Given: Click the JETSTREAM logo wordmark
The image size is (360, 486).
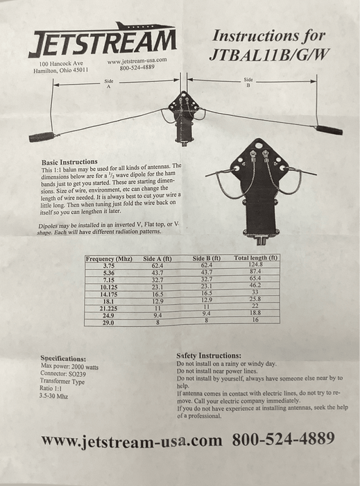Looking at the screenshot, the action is click(103, 43).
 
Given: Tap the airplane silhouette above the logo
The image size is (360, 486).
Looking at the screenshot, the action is click(144, 26).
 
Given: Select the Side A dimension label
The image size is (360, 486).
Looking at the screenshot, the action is click(109, 84).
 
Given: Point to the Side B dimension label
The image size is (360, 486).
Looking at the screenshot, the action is click(248, 82).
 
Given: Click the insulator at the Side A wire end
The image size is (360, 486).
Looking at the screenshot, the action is click(42, 136).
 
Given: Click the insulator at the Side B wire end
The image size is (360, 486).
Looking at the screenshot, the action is click(329, 130).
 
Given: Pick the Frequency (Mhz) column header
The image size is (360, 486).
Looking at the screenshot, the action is click(109, 259).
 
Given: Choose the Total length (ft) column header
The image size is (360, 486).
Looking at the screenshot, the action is click(255, 258).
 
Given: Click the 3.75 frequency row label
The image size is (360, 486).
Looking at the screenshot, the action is click(109, 266).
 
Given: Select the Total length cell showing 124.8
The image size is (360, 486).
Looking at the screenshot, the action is click(255, 265).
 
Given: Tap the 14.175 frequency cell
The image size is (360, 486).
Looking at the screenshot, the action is click(109, 294).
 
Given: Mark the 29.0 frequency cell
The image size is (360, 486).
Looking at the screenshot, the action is click(108, 323).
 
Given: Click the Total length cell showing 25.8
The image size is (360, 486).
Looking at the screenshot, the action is click(255, 299).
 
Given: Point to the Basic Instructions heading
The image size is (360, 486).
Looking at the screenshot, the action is click(69, 162).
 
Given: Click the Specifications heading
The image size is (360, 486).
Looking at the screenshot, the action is click(63, 359).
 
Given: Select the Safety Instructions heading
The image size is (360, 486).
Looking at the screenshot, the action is click(209, 355).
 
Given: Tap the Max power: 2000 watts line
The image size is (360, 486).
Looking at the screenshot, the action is click(69, 367).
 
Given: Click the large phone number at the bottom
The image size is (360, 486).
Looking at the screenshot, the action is click(283, 439).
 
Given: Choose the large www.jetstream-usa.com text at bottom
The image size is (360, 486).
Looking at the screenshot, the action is click(132, 441).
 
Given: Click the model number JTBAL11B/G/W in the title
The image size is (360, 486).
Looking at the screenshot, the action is click(268, 55).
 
